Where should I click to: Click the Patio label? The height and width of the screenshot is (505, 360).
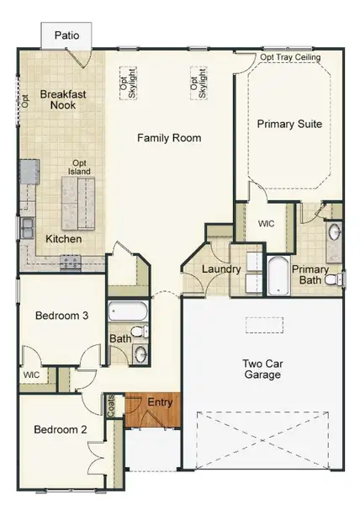point(67,35)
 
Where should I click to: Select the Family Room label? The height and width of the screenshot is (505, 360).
point(169,137)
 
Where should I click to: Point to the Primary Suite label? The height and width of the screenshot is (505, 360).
point(289,124)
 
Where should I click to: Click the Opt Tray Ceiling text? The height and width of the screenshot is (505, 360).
point(289,57)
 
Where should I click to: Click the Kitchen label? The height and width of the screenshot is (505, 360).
point(64,239)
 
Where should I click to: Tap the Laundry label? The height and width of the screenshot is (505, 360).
point(222,270)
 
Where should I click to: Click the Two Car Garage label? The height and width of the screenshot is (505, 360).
point(262,369)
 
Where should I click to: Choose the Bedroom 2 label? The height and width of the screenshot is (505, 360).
point(61,429)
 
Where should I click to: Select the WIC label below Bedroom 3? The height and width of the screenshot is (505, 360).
point(31,375)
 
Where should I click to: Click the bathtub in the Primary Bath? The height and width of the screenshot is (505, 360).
point(278,275)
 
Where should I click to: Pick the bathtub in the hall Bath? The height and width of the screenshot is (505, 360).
point(129,314)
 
